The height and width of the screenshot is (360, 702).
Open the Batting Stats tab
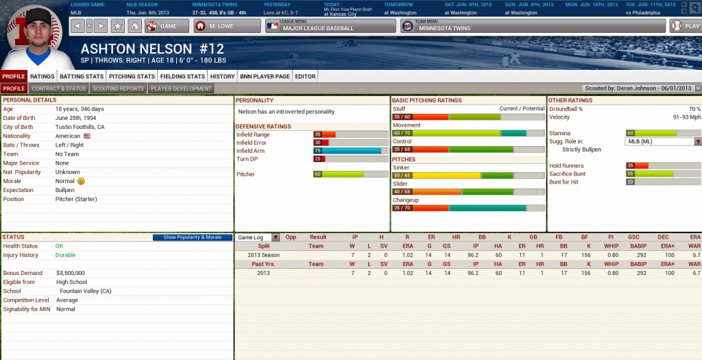82,76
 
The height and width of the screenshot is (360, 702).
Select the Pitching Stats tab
132,76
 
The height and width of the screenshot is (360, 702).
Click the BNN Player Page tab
265,76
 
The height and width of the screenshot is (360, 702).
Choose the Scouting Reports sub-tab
119,88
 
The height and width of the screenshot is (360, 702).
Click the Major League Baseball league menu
330,26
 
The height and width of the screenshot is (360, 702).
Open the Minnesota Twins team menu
533,26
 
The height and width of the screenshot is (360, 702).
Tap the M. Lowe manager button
227,26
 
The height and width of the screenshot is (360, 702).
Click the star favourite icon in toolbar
118,26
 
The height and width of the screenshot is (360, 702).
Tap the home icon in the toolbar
135,26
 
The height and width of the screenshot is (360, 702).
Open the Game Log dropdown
258,237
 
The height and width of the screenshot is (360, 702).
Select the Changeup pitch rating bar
469,208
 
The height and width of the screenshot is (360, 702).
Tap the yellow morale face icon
81,181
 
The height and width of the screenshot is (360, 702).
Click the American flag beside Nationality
87,136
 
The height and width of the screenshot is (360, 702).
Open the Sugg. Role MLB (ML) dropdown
664,141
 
